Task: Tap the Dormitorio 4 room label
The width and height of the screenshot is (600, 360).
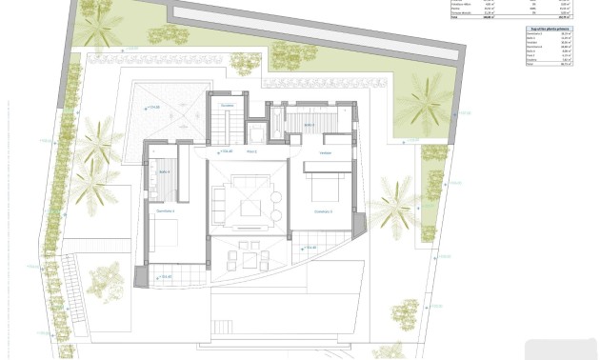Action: point(166,210)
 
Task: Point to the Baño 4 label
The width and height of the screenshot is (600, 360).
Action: point(164,172)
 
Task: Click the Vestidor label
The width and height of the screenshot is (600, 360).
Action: point(325,152)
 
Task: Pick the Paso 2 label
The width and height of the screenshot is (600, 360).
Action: point(252,151)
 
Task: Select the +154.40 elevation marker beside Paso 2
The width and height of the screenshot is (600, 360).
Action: point(225,151)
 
